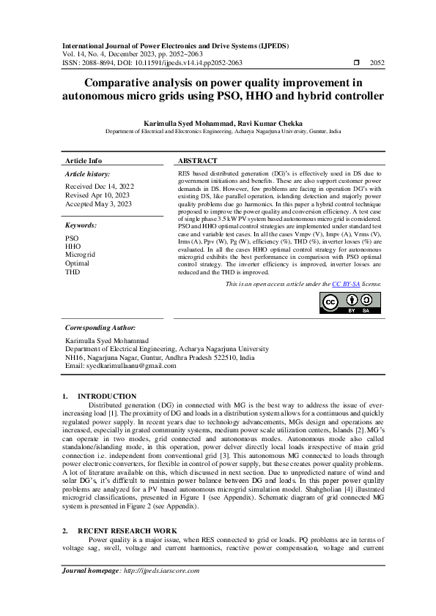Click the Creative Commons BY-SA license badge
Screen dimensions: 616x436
click(350, 304)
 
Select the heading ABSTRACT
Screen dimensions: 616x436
click(198, 161)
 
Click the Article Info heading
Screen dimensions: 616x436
click(84, 161)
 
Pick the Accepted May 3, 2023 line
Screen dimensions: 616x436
click(98, 205)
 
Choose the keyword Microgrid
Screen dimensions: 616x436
click(81, 255)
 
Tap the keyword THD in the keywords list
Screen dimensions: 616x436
click(73, 271)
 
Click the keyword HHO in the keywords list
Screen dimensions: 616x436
click(73, 247)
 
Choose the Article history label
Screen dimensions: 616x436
click(88, 174)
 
